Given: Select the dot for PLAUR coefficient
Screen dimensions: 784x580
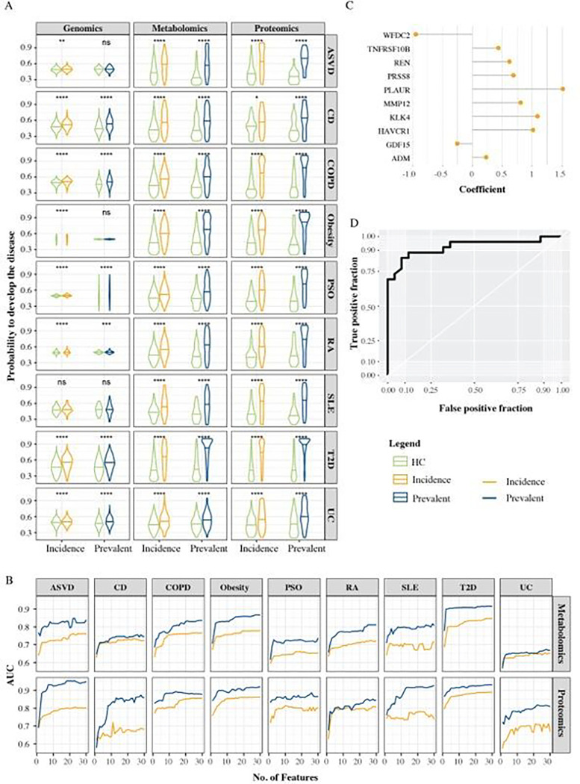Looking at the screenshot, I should click(x=564, y=89).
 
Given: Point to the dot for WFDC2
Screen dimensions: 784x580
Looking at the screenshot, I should click(x=415, y=34).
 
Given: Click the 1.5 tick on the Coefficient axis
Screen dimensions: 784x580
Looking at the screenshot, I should click(x=562, y=173).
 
